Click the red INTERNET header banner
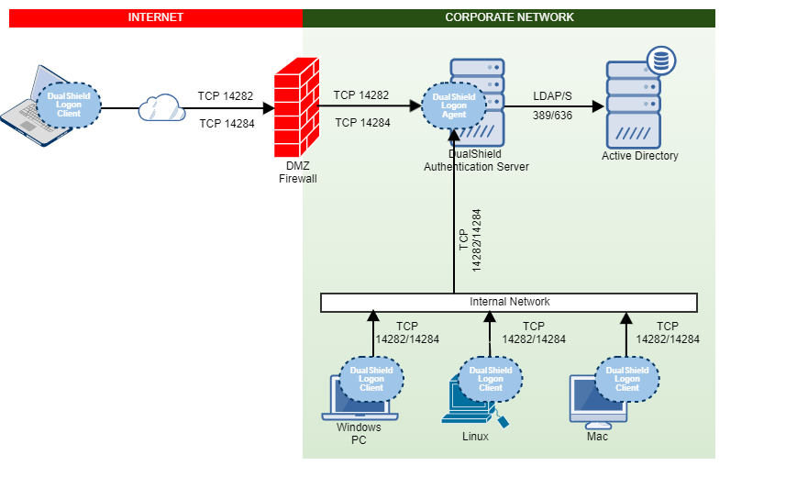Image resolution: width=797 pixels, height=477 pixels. (155, 17)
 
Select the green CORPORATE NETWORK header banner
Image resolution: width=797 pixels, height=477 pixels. (508, 17)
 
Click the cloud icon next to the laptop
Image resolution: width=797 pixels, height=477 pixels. (161, 108)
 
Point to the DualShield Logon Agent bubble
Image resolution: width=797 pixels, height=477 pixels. (454, 105)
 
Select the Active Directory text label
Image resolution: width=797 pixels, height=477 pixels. (639, 156)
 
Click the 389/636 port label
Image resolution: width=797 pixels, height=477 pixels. (552, 115)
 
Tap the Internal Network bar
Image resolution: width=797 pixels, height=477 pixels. (509, 302)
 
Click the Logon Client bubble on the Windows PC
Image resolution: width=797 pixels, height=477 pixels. (371, 379)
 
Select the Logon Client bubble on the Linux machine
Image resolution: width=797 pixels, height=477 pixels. (491, 379)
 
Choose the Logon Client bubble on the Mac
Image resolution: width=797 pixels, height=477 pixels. (627, 379)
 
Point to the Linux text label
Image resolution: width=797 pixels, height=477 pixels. (475, 437)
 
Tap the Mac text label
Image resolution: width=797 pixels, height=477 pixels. (597, 437)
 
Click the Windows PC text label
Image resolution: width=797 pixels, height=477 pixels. (359, 434)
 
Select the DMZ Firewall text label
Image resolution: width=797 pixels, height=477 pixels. (297, 172)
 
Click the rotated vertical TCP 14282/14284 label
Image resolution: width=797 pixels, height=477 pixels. (470, 240)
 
